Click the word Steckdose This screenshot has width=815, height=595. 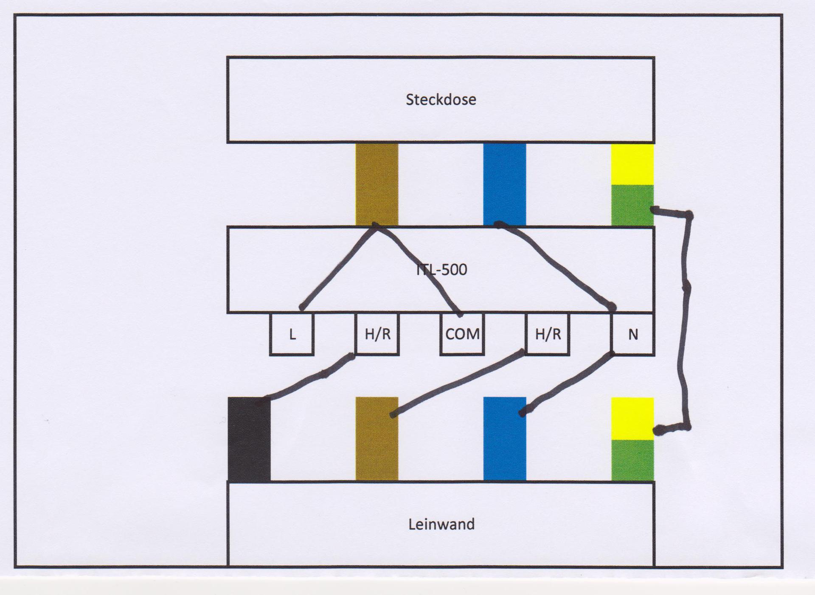pyautogui.click(x=441, y=100)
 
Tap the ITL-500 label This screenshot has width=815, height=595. pyautogui.click(x=441, y=270)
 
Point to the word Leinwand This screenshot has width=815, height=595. pyautogui.click(x=441, y=525)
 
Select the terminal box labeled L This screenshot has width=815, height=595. pyautogui.click(x=292, y=334)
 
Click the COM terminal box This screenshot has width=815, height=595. pyautogui.click(x=462, y=334)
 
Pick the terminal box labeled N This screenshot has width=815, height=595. pyautogui.click(x=633, y=334)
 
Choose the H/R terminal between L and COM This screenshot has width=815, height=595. pyautogui.click(x=377, y=334)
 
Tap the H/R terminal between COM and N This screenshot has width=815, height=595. pyautogui.click(x=548, y=334)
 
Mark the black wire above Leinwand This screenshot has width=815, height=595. pyautogui.click(x=249, y=441)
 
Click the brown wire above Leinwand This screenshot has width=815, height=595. pyautogui.click(x=377, y=445)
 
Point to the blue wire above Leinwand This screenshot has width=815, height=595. pyautogui.click(x=505, y=445)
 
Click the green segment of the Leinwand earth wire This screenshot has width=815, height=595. pyautogui.click(x=632, y=460)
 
